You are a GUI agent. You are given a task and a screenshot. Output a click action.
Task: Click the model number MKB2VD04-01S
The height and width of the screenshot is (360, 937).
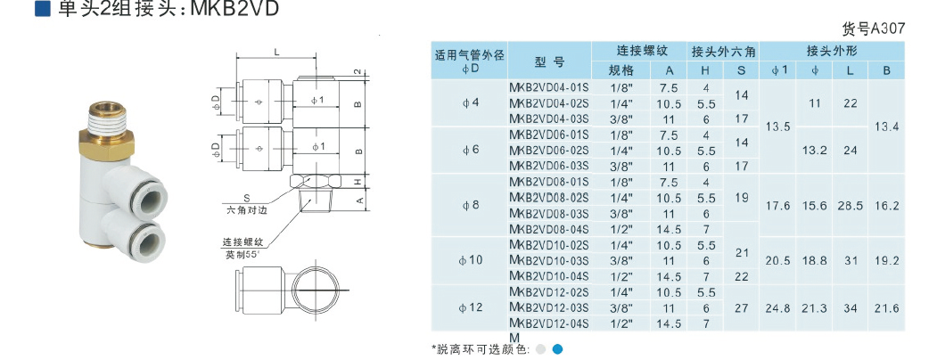pos(548,87)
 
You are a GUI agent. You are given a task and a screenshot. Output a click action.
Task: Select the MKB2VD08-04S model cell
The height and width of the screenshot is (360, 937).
pos(548,229)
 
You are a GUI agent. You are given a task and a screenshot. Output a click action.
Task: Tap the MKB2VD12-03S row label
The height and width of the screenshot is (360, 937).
pos(548,307)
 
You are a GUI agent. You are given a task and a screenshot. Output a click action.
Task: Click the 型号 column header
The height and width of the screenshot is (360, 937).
pos(549,61)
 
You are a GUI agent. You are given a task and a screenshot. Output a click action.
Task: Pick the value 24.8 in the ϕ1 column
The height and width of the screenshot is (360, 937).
pos(778,307)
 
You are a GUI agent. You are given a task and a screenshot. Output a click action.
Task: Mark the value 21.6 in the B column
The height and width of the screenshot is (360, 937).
pos(886,307)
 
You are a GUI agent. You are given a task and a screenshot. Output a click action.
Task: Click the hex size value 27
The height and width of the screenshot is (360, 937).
pos(742,307)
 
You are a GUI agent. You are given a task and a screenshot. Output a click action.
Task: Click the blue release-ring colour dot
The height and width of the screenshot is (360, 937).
pos(557,349)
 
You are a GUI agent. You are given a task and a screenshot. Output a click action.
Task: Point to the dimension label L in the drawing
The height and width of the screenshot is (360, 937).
pos(276,53)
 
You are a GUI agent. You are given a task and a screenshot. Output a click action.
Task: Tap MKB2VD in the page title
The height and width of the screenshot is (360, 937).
pos(235,10)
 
